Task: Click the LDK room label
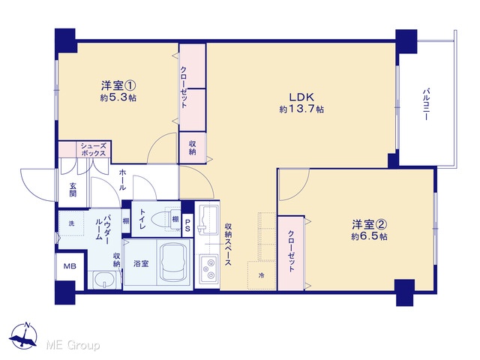pyautogui.click(x=301, y=97)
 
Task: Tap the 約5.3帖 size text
pyautogui.click(x=118, y=97)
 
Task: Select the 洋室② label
pyautogui.click(x=369, y=225)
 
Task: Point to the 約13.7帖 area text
pyautogui.click(x=301, y=109)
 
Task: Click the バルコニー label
pyautogui.click(x=426, y=104)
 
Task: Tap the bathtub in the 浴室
pyautogui.click(x=173, y=263)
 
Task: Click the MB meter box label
pyautogui.click(x=70, y=266)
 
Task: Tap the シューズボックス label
pyautogui.click(x=93, y=150)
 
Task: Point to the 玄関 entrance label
pyautogui.click(x=73, y=190)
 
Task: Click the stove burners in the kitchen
pyautogui.click(x=208, y=268)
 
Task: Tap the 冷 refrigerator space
pyautogui.click(x=262, y=275)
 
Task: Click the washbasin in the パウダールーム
pyautogui.click(x=104, y=280)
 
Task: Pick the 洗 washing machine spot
pyautogui.click(x=71, y=223)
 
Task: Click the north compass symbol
pyautogui.click(x=23, y=336)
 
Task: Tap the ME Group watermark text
pyautogui.click(x=73, y=345)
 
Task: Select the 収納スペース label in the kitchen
pyautogui.click(x=228, y=244)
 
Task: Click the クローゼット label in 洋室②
pyautogui.click(x=291, y=251)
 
